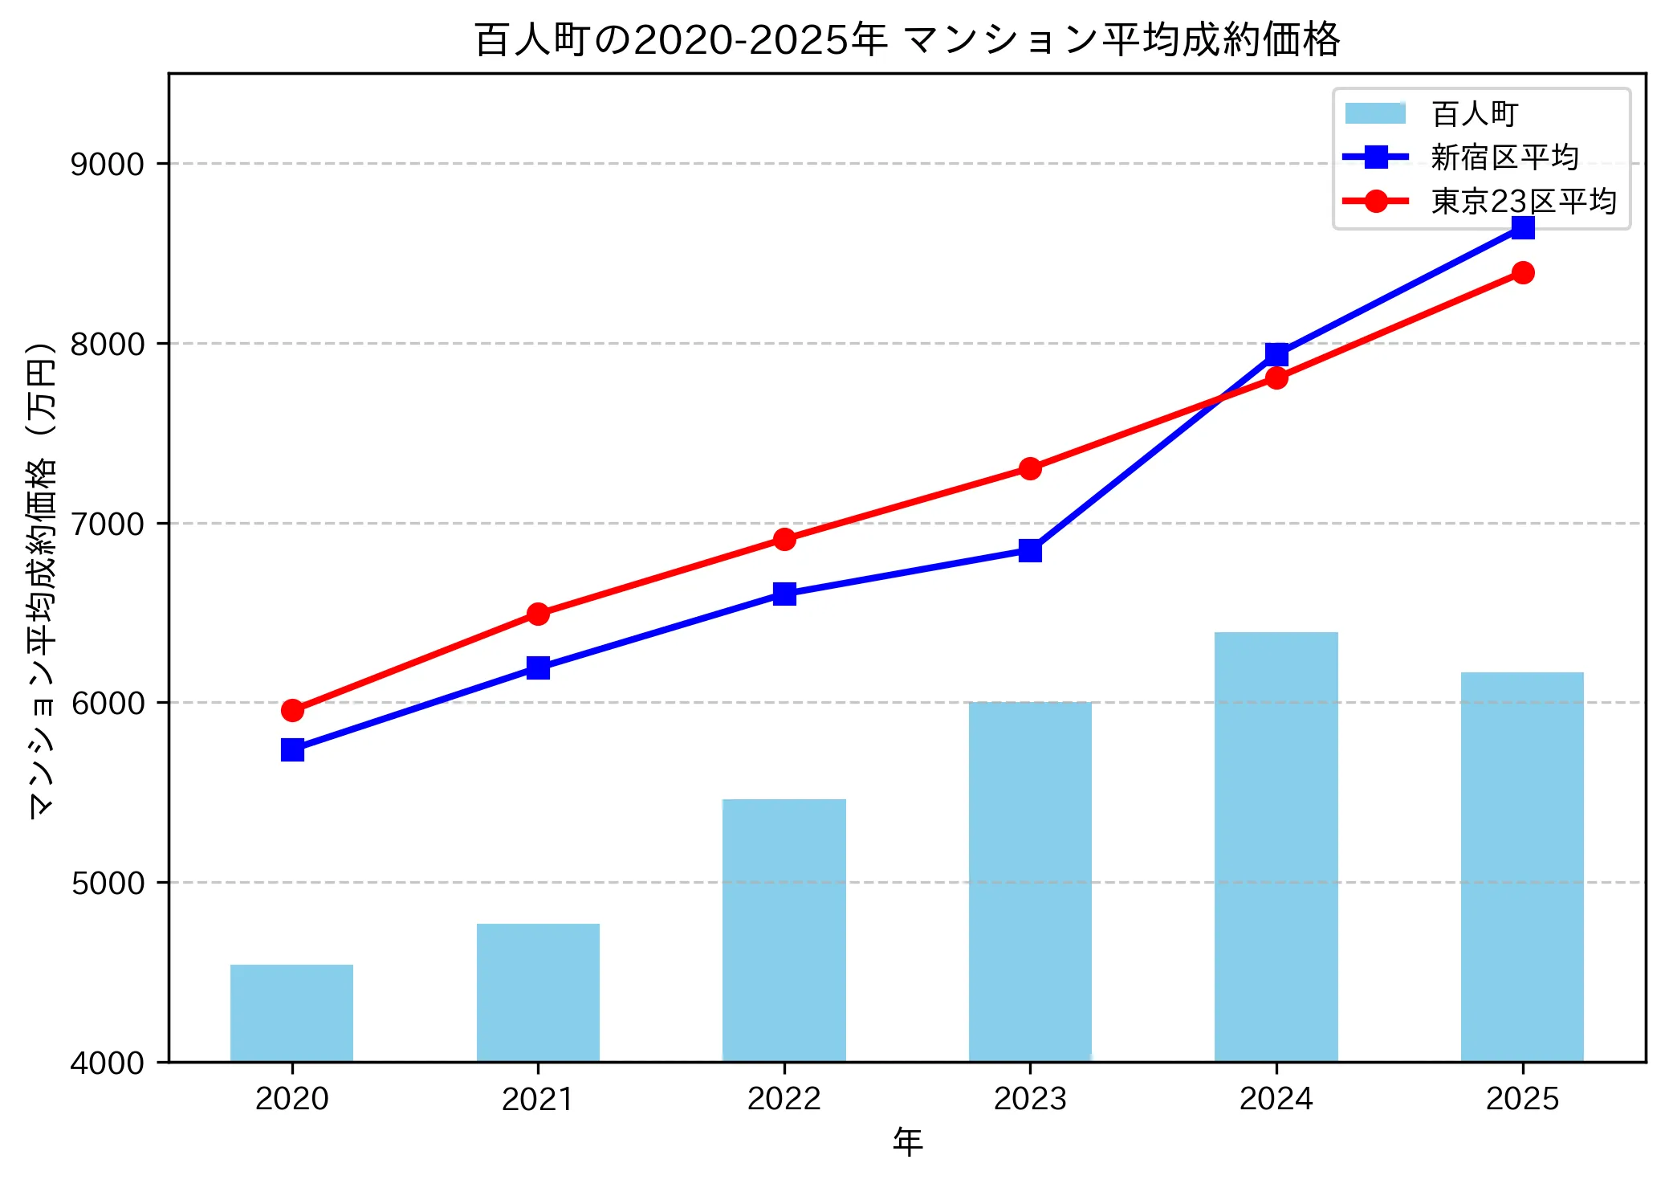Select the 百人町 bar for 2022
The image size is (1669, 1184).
pos(784,929)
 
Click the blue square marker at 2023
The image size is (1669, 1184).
pos(1030,550)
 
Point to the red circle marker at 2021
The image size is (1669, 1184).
pos(538,614)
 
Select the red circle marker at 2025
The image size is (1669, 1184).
pos(1522,272)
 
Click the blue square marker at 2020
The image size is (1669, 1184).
pos(292,749)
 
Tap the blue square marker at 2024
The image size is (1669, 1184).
pos(1276,354)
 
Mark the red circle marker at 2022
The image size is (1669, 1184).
pos(784,539)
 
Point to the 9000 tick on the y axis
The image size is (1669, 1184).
pos(107,164)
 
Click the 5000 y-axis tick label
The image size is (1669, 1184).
pos(107,883)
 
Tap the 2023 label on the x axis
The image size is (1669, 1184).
pos(1030,1098)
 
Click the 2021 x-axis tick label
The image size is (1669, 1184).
pos(538,1098)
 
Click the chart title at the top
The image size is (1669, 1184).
pos(906,39)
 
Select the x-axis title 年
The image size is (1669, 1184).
pos(907,1141)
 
